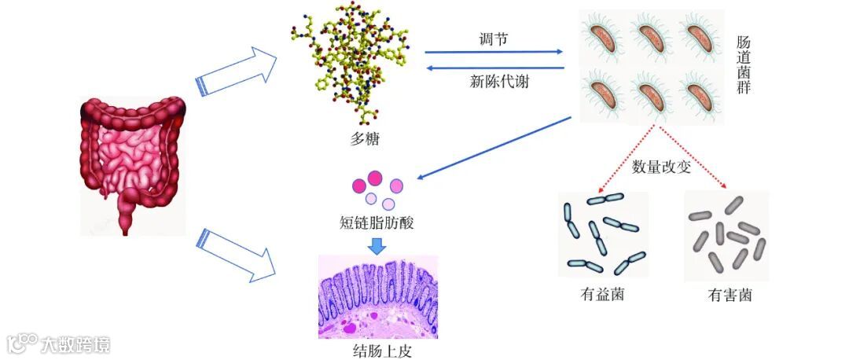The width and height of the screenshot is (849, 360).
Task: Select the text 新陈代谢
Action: click(494, 81)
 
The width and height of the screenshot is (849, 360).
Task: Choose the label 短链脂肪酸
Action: click(376, 222)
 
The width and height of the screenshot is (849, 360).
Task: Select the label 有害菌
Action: click(730, 296)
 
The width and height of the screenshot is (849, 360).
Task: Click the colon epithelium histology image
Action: click(377, 297)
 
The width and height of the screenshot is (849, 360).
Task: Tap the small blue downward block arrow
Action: click(377, 244)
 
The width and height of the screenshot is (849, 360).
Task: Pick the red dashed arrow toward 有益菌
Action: click(627, 160)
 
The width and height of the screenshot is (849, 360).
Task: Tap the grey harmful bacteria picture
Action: click(726, 236)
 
